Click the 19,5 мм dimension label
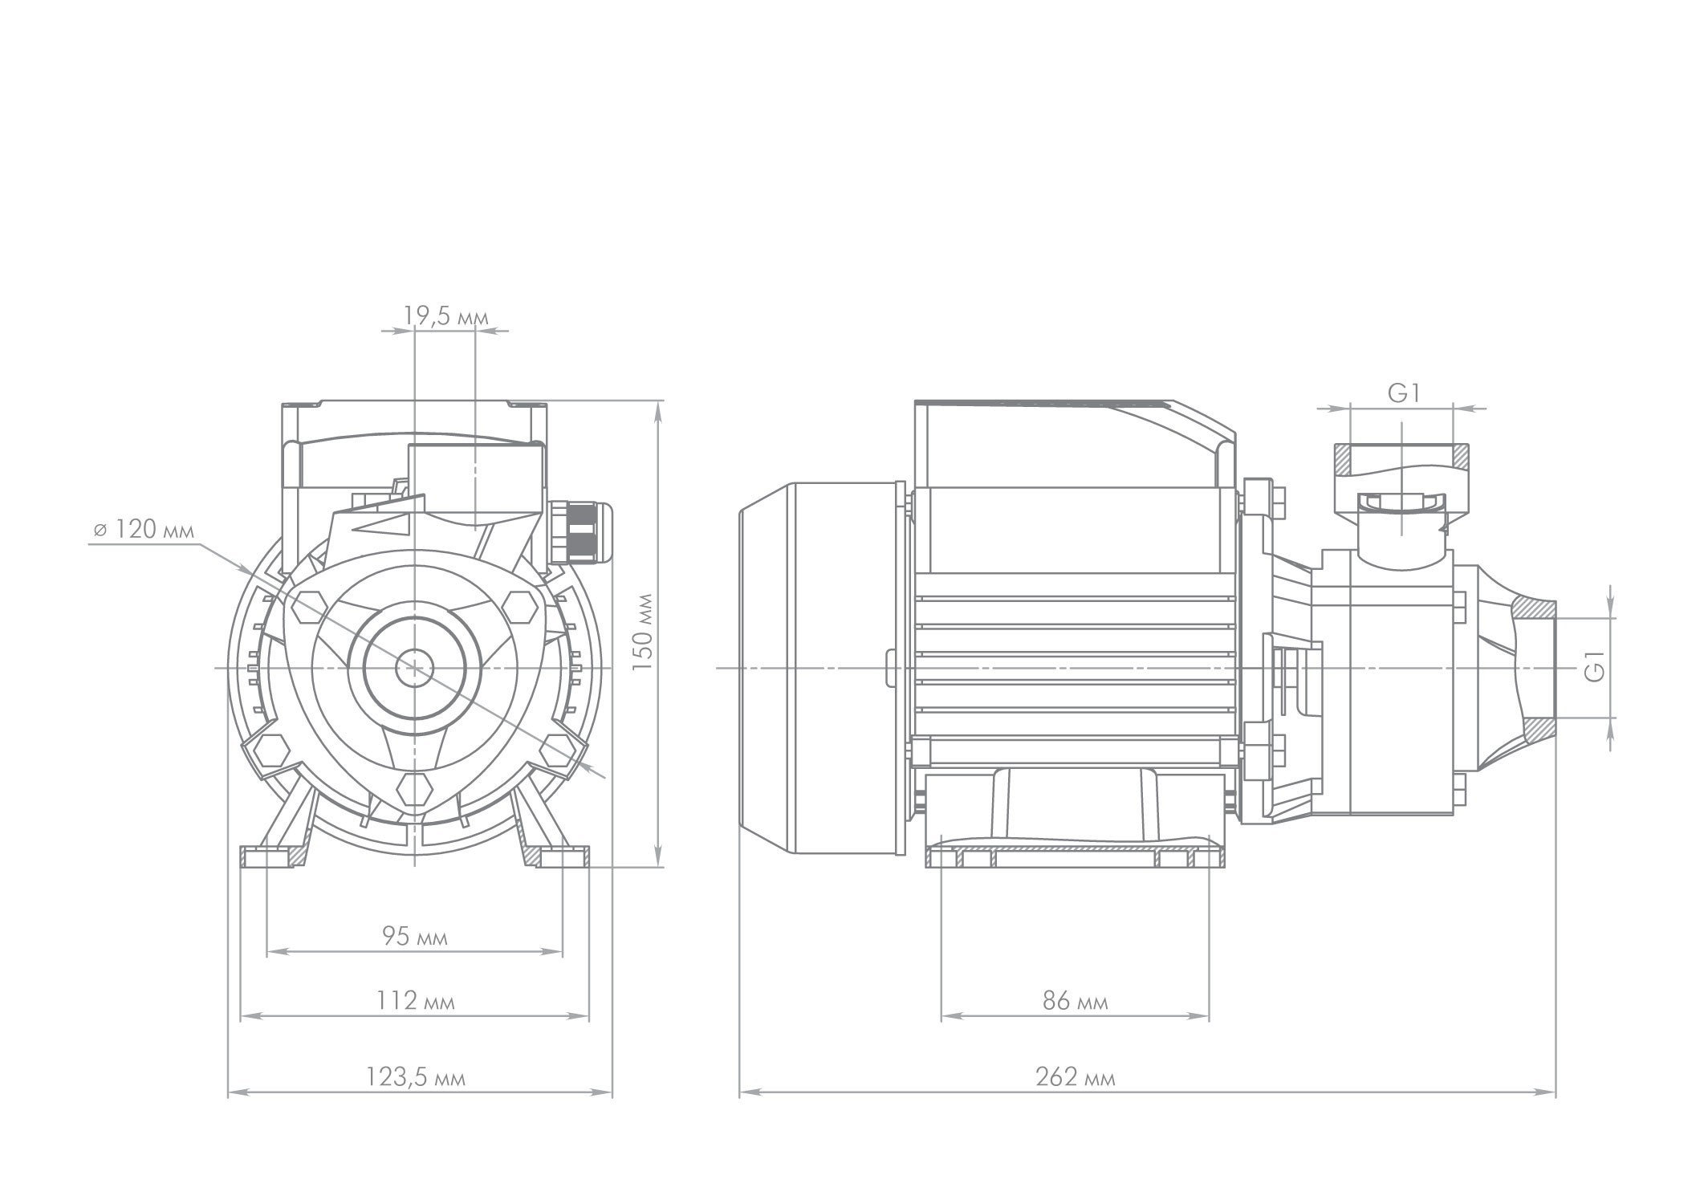[445, 316]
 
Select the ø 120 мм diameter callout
[143, 530]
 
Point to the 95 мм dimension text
[414, 936]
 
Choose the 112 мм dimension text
[415, 1001]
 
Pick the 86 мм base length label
[1075, 1001]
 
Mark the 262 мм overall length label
[1075, 1077]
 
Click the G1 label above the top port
[1404, 393]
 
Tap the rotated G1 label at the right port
[1594, 667]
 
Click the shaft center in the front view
[414, 667]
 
